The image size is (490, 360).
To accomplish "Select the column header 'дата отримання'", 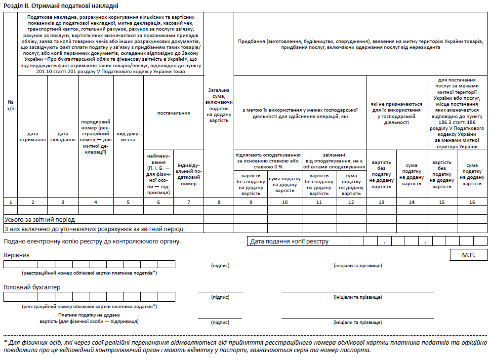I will point(33,136).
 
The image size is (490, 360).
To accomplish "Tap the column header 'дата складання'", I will point(63,136).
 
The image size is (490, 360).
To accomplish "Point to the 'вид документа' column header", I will point(128,136).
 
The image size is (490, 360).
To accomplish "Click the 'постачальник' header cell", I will point(173,113).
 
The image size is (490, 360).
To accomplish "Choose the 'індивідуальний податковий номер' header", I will point(188,174).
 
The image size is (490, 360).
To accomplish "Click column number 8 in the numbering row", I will point(218,201).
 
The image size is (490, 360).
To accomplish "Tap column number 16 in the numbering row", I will point(472,201).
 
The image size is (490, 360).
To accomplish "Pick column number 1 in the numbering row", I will point(10,201).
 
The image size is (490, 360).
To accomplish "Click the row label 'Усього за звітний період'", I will point(40,219).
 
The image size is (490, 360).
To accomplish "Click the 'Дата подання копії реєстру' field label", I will point(289,241).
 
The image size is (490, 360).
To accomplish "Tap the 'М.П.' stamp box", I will point(468,255).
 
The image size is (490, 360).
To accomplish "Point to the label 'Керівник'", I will point(16,255).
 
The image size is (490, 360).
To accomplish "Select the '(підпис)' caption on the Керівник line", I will point(220,266).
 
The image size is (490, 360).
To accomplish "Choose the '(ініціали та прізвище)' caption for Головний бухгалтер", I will point(358,297).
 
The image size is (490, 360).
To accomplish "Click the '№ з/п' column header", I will point(10,105).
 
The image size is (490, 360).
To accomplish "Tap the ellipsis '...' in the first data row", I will point(10,210).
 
